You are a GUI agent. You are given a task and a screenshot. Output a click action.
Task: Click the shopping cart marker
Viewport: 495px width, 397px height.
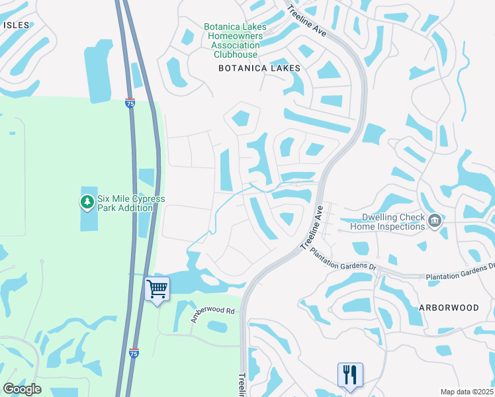[157, 289]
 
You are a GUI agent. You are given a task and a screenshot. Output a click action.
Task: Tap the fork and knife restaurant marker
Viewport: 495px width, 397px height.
[350, 375]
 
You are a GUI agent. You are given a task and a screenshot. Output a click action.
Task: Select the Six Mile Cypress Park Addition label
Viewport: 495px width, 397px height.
[130, 203]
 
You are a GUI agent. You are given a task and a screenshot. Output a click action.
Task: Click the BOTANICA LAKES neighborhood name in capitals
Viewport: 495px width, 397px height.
[259, 68]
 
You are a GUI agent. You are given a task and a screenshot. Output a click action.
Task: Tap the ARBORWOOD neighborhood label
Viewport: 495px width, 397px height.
[448, 308]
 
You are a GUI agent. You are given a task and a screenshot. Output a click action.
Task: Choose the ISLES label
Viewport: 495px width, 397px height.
[17, 24]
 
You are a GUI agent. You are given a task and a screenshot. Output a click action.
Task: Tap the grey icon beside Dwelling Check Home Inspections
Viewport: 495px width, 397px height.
[435, 220]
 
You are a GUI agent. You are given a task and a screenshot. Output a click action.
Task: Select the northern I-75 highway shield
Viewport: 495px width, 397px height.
[130, 103]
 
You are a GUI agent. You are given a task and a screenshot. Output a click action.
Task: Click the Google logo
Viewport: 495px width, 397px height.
[22, 388]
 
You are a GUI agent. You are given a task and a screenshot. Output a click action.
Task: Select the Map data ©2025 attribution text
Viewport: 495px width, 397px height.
[466, 392]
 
